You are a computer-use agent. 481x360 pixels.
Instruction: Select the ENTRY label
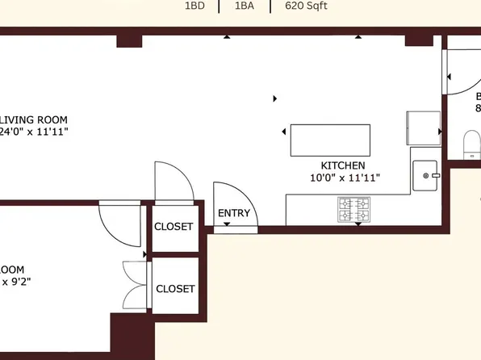(234, 214)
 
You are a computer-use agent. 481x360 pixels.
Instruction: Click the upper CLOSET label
(174, 227)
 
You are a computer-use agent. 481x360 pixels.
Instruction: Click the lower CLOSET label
(175, 288)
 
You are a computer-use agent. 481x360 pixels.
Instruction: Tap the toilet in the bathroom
(471, 145)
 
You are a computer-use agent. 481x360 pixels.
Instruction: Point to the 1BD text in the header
(195, 6)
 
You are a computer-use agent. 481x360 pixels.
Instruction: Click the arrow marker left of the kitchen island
(284, 132)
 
